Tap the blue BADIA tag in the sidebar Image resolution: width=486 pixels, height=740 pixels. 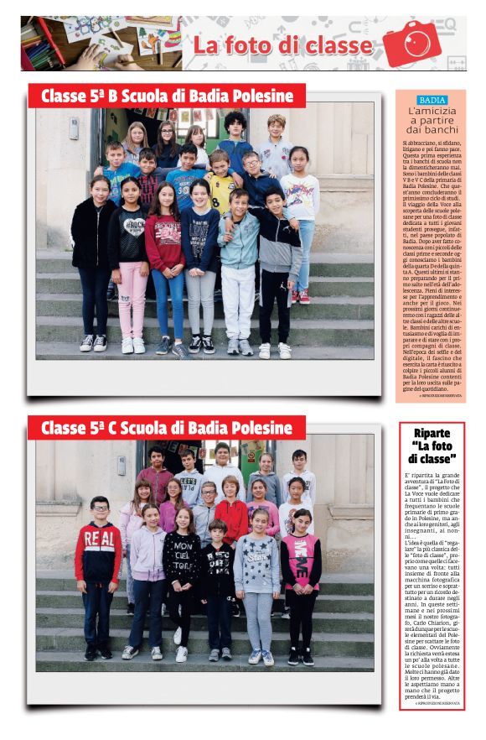coord(432,100)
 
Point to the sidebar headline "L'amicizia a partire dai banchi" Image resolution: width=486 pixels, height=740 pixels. coord(432,120)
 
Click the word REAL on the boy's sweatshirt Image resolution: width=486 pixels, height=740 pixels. coord(100,538)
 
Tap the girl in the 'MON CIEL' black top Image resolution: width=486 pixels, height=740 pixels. coord(182,571)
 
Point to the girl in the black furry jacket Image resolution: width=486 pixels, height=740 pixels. coord(93,252)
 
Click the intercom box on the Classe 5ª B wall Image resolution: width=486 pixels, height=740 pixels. coord(74,128)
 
